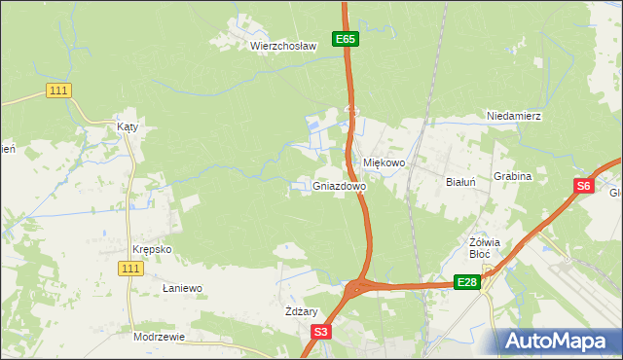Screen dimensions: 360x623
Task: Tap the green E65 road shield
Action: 346,39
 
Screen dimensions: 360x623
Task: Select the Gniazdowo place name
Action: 340,186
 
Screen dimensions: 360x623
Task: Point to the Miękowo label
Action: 384,163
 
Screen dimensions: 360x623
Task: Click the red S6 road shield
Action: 582,187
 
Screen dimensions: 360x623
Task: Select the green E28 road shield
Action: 467,282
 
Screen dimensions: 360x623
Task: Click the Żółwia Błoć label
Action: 485,248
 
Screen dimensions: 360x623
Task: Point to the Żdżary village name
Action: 302,311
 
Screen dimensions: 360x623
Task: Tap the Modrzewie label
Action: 159,337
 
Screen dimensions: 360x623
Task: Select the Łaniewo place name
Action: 182,289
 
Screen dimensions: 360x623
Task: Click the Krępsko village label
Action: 152,249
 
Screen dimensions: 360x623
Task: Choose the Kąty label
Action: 128,127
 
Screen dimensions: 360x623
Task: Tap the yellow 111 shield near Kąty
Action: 58,90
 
